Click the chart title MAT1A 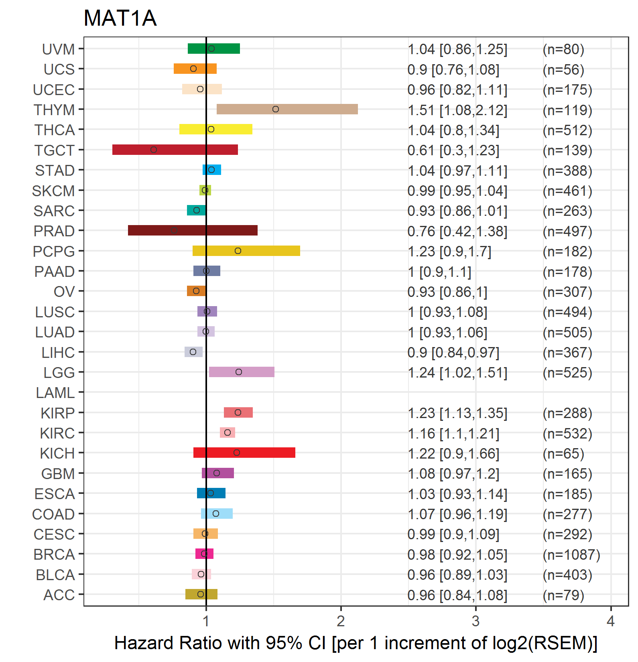pos(120,18)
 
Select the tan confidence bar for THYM pos(287,109)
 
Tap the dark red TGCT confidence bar pos(175,150)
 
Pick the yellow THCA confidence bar pos(216,129)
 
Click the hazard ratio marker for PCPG pos(238,251)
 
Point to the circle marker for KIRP pos(238,412)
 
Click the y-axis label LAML pos(55,393)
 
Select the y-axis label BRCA pos(54,554)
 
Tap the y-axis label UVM pos(58,49)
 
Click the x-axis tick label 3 pos(475,621)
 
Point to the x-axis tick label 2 pos(341,621)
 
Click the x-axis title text pos(356,643)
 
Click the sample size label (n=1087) pos(571,554)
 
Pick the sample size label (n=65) pos(563,453)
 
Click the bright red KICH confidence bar pos(244,453)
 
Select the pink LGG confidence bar pos(242,372)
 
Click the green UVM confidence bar pos(213,49)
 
